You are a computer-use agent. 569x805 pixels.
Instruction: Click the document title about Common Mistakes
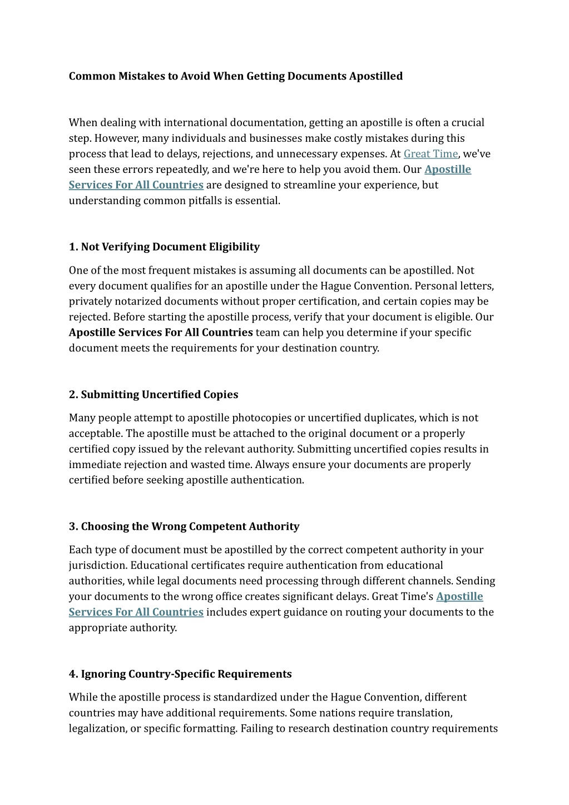(235, 76)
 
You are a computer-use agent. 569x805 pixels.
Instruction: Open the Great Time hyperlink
(431, 153)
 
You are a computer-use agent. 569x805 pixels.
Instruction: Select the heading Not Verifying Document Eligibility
(164, 246)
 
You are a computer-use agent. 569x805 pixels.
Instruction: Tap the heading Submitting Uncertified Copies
(154, 394)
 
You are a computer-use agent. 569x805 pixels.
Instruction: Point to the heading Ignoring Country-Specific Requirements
(180, 674)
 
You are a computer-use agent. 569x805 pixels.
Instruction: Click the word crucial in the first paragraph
(468, 122)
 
